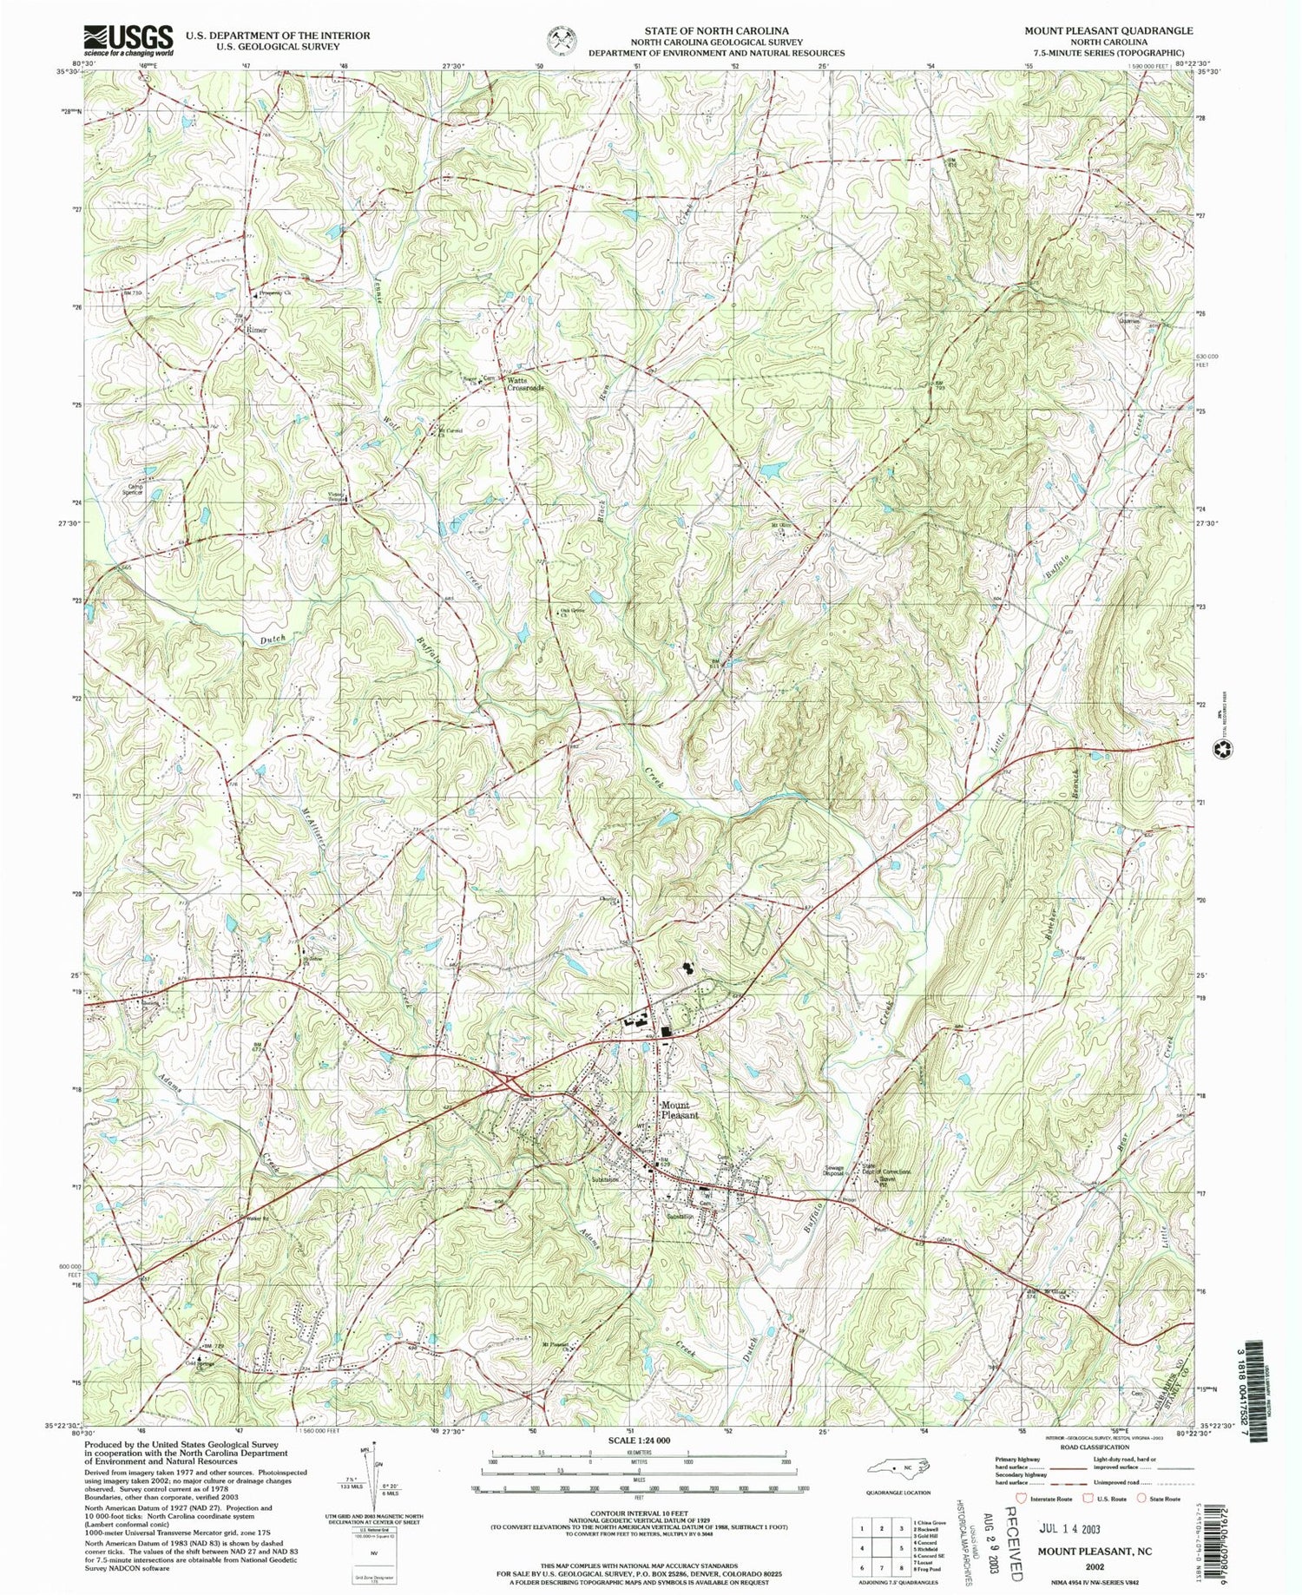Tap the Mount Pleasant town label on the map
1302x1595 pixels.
click(x=678, y=1110)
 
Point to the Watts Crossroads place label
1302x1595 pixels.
click(x=525, y=384)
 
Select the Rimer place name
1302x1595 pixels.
click(x=255, y=331)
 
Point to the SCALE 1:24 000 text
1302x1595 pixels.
click(x=638, y=1440)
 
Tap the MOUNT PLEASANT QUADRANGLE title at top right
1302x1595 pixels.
click(x=1108, y=30)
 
